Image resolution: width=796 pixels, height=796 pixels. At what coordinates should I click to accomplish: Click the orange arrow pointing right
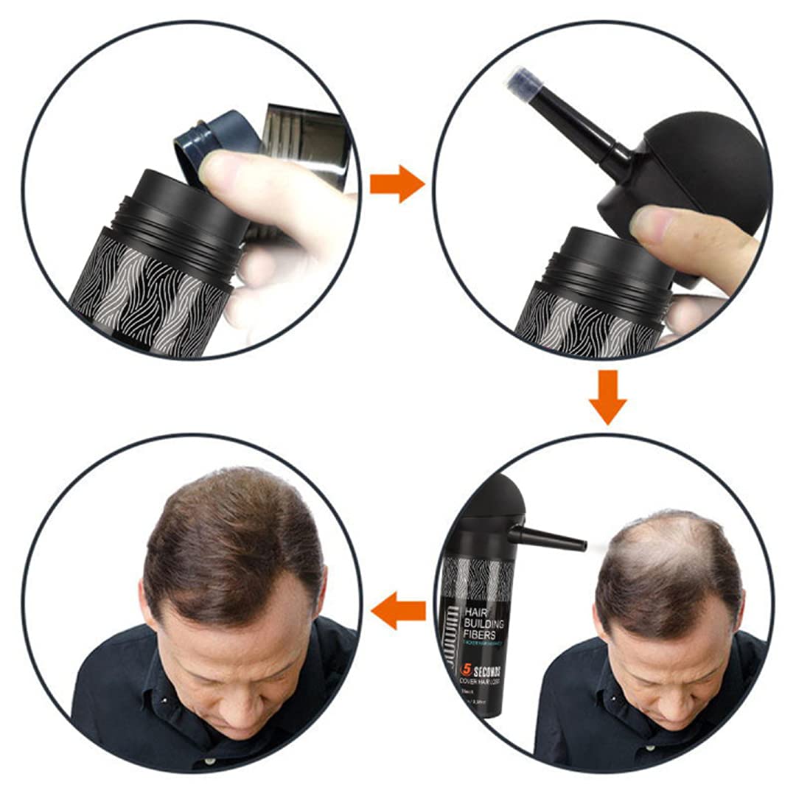coord(397,184)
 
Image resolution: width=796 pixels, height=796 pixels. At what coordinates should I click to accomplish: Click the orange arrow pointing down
coord(607,397)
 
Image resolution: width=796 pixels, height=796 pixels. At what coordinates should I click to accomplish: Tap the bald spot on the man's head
coord(663,545)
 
